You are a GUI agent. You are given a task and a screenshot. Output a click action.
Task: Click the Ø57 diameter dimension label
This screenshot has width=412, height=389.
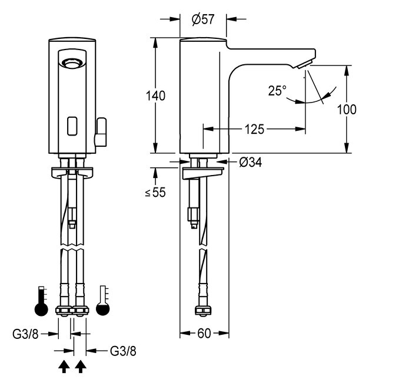click(x=202, y=19)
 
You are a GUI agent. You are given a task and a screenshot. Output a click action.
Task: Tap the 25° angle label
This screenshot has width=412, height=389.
click(x=277, y=90)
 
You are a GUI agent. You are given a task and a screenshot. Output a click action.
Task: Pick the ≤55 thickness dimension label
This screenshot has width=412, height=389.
click(x=155, y=192)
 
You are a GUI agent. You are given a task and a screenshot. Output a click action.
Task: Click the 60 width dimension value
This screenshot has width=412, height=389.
click(x=204, y=334)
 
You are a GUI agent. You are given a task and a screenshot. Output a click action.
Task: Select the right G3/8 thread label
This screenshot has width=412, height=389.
click(x=123, y=351)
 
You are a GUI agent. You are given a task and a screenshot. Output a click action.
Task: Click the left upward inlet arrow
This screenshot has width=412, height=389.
click(x=64, y=368)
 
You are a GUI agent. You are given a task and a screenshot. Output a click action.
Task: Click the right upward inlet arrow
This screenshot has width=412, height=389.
click(x=81, y=368)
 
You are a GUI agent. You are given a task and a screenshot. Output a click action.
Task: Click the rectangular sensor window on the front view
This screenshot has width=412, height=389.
click(x=74, y=124)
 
